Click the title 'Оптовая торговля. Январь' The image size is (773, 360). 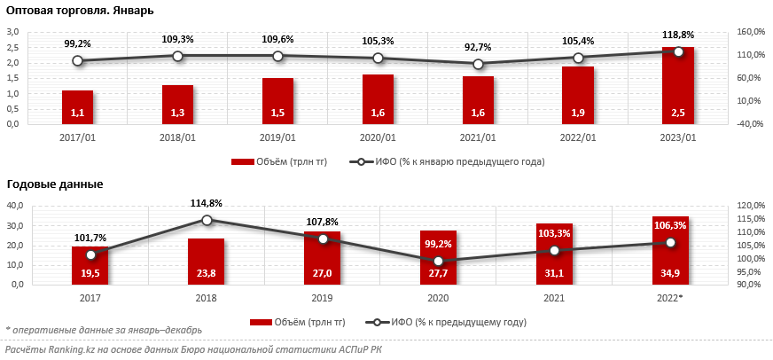80,11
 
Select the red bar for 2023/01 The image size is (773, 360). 678,89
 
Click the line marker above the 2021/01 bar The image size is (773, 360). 479,64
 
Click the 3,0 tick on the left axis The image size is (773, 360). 13,32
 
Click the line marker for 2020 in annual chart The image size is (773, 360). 438,261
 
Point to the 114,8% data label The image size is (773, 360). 206,203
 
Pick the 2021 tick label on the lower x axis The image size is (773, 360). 554,299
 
